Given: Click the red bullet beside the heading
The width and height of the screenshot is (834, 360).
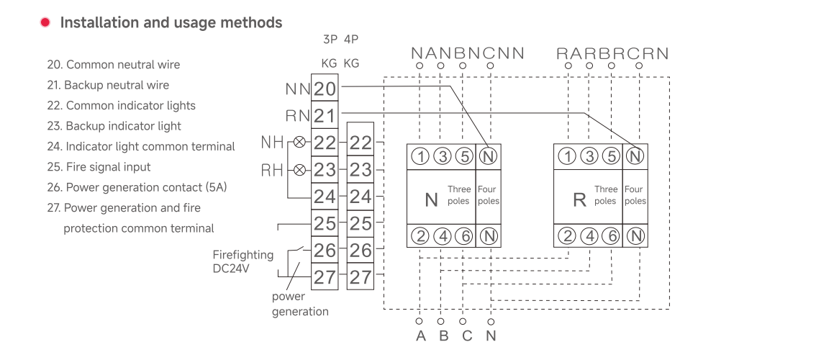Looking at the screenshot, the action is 45,22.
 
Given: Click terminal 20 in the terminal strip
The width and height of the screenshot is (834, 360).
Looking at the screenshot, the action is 325,89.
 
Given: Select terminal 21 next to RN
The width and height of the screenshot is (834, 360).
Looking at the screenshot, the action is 325,116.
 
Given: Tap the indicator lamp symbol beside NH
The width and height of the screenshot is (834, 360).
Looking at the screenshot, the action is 300,142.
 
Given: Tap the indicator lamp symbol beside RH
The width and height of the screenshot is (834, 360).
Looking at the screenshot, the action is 300,170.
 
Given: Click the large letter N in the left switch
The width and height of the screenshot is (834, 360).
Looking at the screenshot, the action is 431,199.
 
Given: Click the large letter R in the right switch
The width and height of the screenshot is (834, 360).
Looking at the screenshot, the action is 579,199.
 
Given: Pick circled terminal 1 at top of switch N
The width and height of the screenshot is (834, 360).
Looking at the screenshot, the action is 420,156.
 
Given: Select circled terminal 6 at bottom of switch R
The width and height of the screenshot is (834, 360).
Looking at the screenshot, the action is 612,236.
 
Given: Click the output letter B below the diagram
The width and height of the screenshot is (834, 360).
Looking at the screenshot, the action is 444,336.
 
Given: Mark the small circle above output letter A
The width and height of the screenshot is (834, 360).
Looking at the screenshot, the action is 420,321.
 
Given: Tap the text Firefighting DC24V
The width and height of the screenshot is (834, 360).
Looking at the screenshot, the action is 243,261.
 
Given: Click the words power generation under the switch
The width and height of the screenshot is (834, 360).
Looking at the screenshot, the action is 300,304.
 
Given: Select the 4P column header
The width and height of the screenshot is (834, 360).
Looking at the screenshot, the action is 351,40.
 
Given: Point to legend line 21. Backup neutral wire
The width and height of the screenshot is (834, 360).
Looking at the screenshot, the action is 108,85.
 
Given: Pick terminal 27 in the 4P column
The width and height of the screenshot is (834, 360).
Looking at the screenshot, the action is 360,277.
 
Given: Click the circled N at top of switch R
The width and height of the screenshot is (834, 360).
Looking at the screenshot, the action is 634,156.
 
